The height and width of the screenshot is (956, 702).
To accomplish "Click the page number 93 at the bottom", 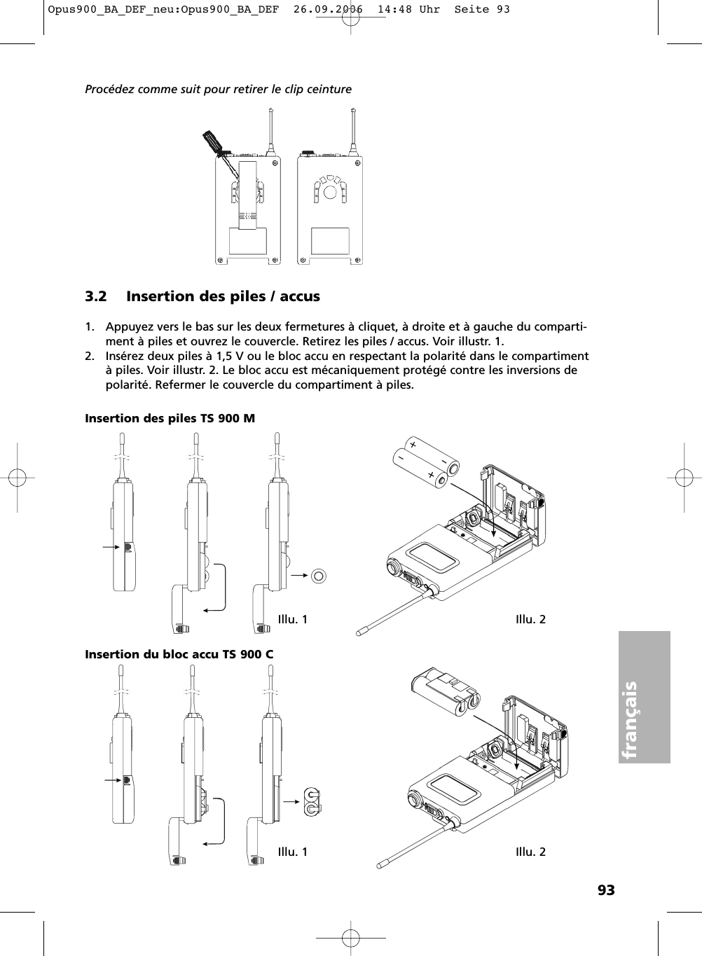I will (x=606, y=890).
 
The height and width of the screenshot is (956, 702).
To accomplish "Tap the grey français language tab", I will (x=645, y=697).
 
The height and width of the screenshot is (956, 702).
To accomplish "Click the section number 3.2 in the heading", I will (x=96, y=296).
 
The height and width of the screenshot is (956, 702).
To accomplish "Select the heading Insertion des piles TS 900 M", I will (x=170, y=418).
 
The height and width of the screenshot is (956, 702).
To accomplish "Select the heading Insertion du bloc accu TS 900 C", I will (x=179, y=654).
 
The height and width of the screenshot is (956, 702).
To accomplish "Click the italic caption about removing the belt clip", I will (x=218, y=89).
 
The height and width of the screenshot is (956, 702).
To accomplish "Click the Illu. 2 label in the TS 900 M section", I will (x=530, y=619).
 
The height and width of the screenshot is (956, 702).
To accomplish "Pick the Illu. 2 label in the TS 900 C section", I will (x=530, y=852).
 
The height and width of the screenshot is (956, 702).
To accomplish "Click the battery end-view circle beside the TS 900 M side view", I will (x=319, y=576).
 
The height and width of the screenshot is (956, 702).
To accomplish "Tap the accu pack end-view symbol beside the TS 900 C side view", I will (x=311, y=801).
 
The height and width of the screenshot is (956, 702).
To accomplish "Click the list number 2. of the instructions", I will (x=90, y=356).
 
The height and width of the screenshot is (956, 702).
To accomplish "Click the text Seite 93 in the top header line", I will (x=483, y=9).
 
